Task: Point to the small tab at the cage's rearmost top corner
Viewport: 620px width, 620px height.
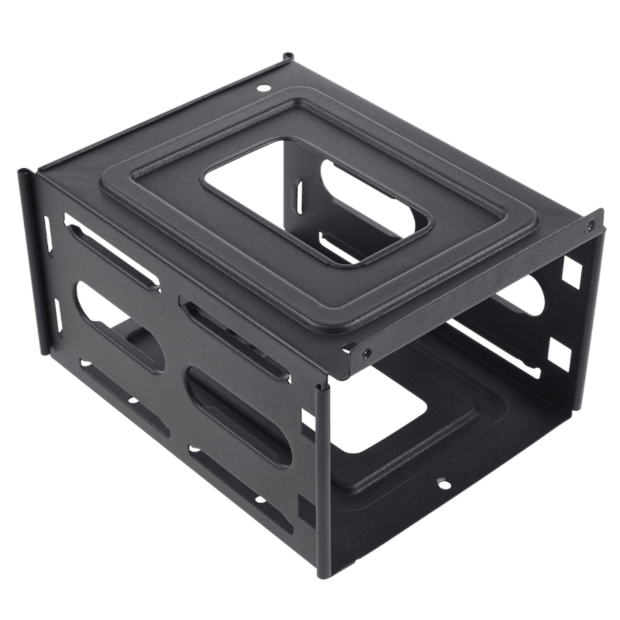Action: [285, 58]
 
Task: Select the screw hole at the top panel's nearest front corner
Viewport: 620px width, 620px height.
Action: [365, 351]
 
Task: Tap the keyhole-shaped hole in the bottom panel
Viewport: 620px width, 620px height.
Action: [442, 483]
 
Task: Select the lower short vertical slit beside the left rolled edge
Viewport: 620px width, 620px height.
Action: [59, 315]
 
